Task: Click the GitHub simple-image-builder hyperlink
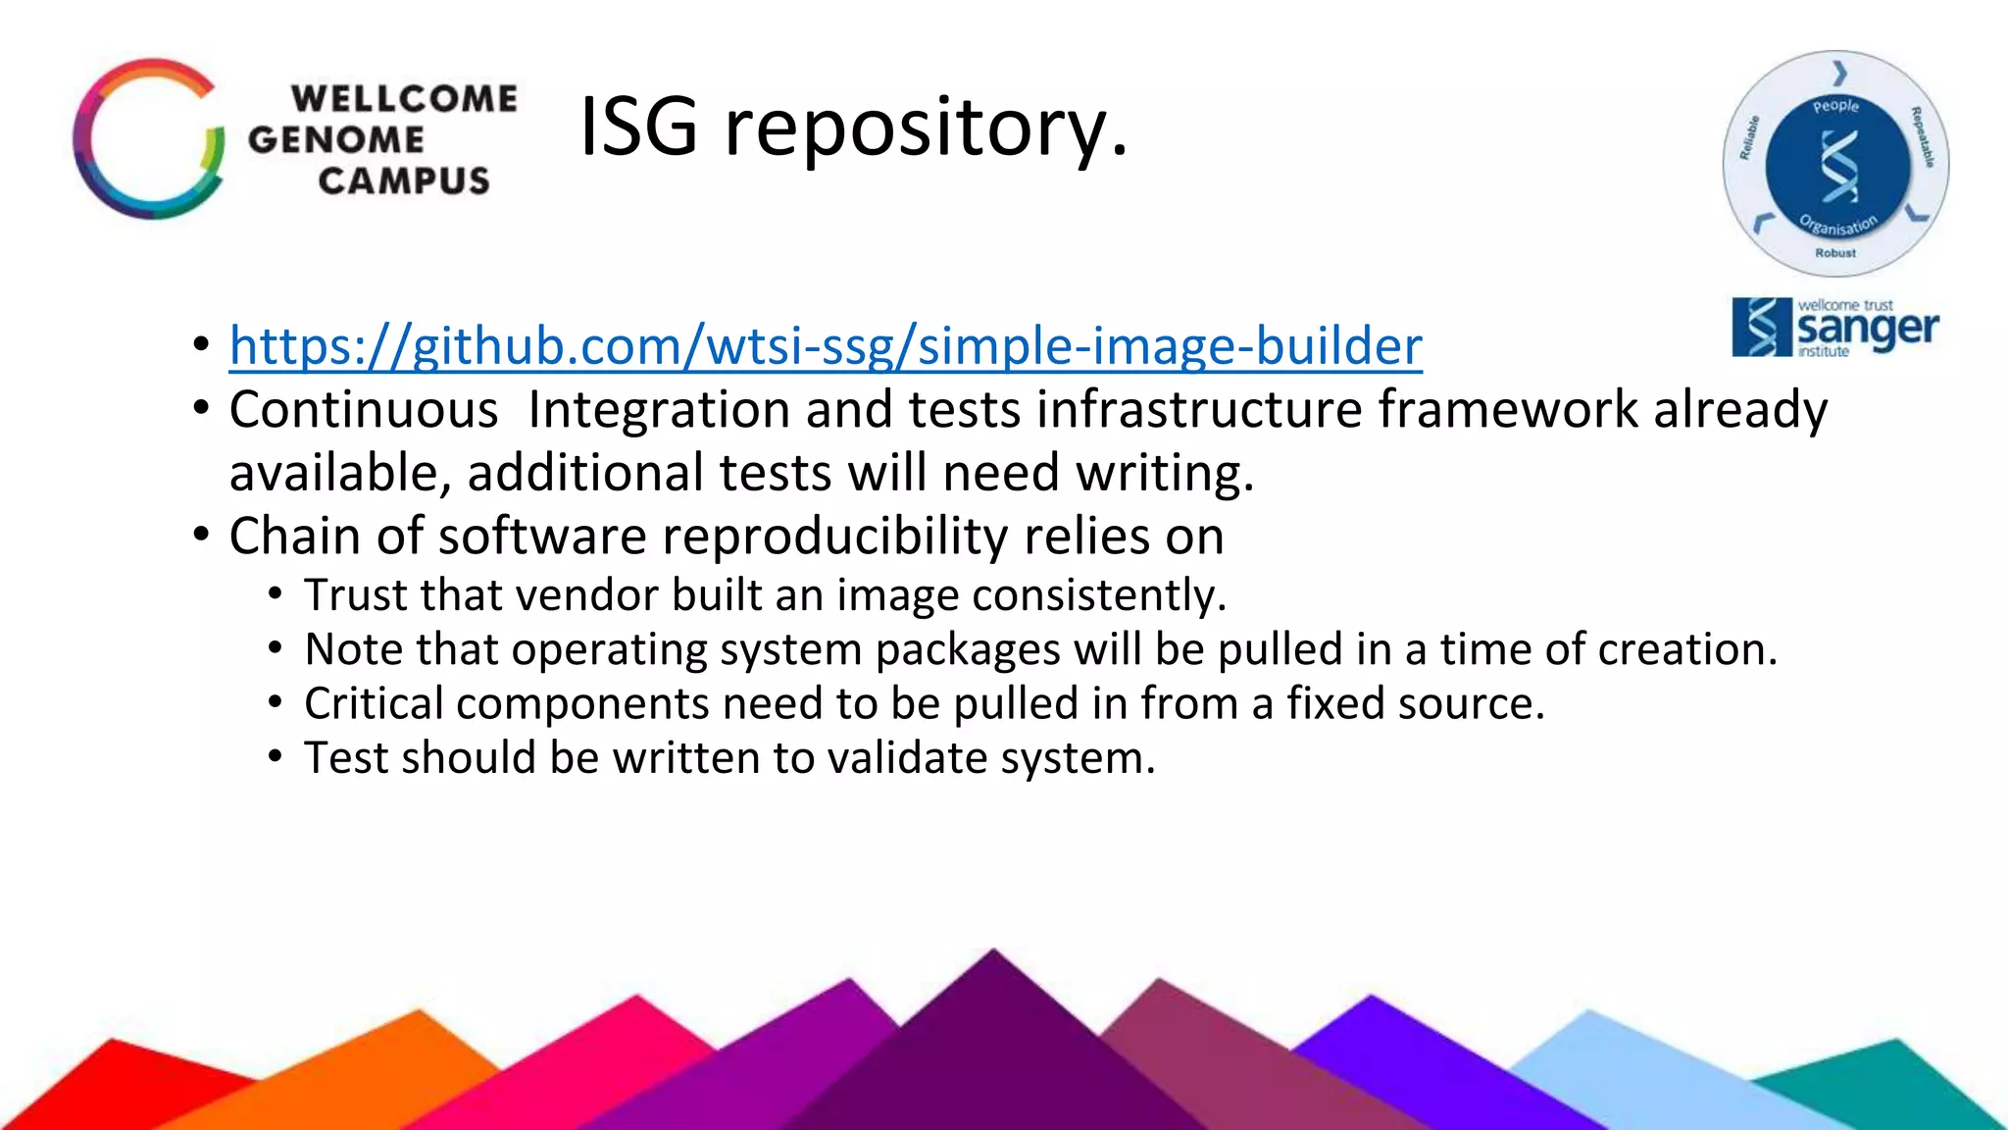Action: [x=826, y=346]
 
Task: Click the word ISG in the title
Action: [x=638, y=127]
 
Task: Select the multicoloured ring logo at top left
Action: [x=148, y=139]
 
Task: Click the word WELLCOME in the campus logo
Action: [x=404, y=99]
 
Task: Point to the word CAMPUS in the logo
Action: [x=404, y=181]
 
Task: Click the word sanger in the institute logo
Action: [x=1868, y=330]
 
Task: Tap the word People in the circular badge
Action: [x=1835, y=106]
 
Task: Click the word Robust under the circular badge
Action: [x=1835, y=253]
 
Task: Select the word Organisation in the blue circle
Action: [x=1838, y=226]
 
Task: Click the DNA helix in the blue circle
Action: [x=1838, y=165]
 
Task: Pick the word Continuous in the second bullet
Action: [x=364, y=409]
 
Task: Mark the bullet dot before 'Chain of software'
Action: [x=201, y=536]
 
